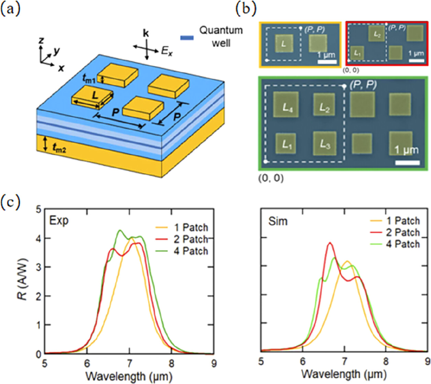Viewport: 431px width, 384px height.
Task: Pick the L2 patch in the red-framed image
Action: click(x=376, y=34)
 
